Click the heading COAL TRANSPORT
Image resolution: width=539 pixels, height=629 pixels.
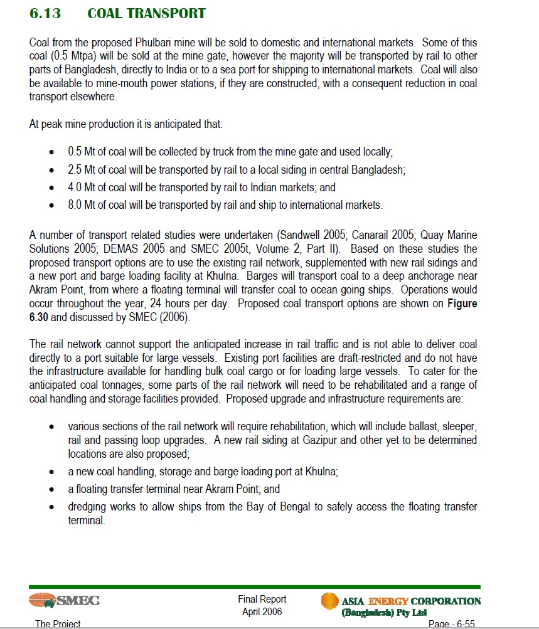coord(146,13)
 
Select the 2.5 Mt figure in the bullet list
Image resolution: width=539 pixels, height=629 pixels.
coord(82,169)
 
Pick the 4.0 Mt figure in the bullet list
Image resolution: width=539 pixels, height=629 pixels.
coord(82,187)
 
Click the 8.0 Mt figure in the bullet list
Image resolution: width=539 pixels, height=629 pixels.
coord(82,204)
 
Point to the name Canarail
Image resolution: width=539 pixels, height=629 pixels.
coord(361,235)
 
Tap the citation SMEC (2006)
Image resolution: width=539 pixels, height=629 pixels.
coord(162,317)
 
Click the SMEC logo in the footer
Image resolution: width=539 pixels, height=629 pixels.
coord(64,601)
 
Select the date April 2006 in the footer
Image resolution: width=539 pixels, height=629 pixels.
coord(262,611)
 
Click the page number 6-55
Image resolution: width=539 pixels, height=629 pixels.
coord(451,624)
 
